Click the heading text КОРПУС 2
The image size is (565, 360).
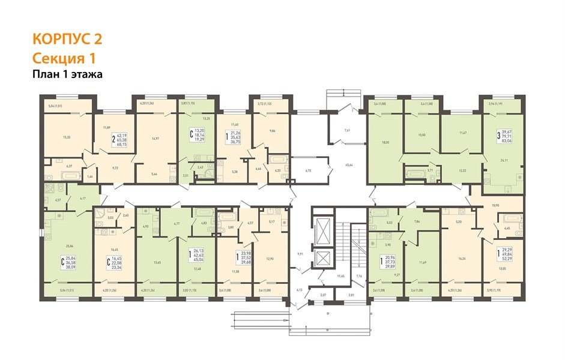pos(67,40)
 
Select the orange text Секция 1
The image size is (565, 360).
pos(63,58)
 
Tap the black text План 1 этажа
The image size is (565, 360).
pos(67,74)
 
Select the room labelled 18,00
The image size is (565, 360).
pos(384,143)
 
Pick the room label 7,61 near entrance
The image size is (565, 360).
pos(347,130)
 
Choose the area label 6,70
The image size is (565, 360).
pos(308,171)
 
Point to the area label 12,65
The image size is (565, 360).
pos(157,263)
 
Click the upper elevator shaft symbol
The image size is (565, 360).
pos(323,230)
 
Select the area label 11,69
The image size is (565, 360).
pos(423,262)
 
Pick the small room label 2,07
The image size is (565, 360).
pos(323,296)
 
